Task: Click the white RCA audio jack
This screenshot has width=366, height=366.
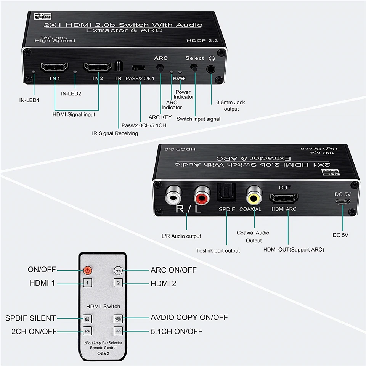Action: pos(173,195)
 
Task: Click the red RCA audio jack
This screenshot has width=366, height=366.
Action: pos(202,195)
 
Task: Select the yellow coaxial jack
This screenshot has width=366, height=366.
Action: pos(254,195)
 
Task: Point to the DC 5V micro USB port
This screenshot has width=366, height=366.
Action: pos(342,202)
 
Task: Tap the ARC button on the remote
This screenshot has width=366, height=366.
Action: pos(118,270)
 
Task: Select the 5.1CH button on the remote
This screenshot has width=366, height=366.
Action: pos(118,331)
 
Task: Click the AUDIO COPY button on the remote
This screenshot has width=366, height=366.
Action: pos(118,319)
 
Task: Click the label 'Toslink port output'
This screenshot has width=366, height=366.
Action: pos(218,250)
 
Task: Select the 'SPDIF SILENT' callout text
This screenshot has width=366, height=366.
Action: pos(30,318)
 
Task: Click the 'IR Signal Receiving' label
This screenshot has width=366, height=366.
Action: pos(115,133)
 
